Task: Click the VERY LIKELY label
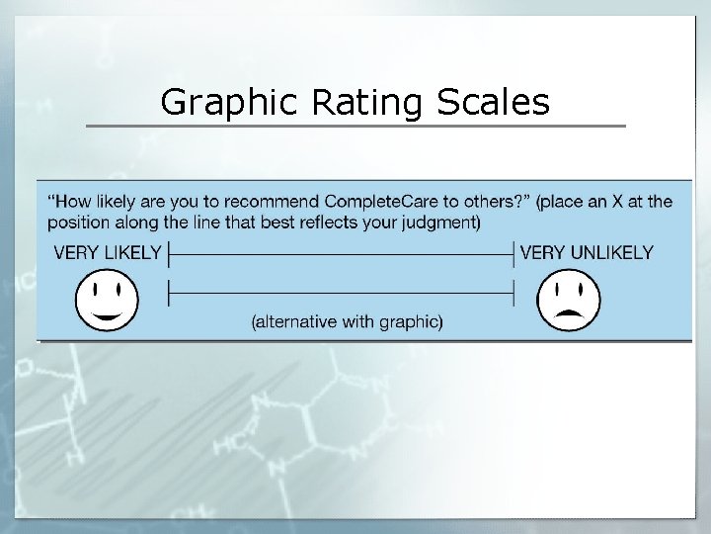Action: coord(107,253)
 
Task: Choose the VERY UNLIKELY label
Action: coord(586,253)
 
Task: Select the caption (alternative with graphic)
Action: coord(347,321)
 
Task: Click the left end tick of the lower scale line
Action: coord(170,293)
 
